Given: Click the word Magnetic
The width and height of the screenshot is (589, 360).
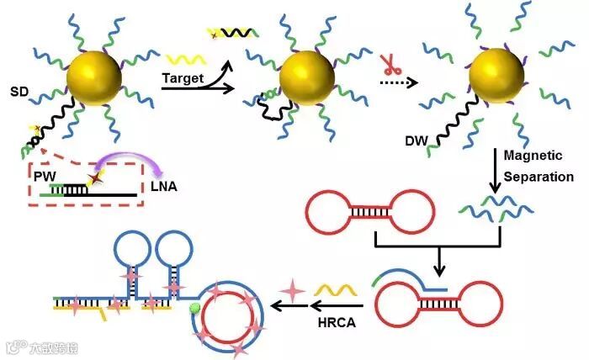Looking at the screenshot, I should tap(533, 156).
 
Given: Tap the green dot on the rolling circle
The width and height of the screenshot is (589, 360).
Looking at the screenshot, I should tap(196, 310).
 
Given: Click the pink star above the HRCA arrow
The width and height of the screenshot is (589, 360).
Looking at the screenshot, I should tap(293, 291).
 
